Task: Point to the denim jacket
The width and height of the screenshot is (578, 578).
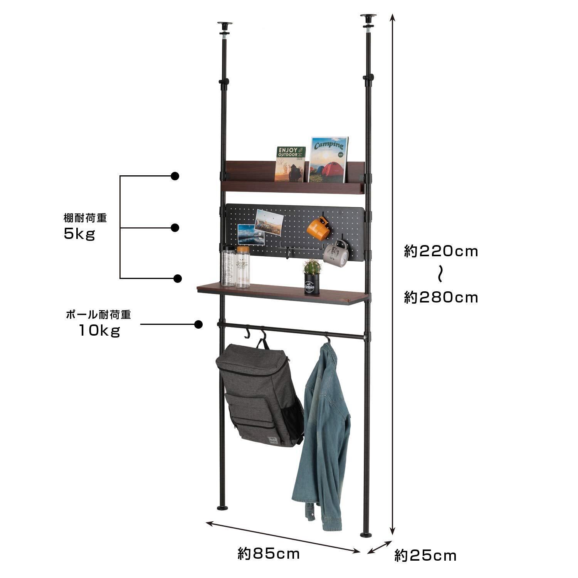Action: [323, 432]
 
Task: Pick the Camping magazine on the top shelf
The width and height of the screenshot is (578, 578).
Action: [328, 160]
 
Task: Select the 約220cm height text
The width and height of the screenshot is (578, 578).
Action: [441, 252]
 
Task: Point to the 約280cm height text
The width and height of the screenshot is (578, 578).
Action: [441, 297]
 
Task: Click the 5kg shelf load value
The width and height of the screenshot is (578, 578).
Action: [79, 234]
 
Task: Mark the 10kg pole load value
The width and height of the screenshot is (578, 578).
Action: [99, 330]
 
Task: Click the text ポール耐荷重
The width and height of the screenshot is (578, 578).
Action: [99, 315]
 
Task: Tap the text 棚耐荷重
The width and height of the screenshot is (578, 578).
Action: [85, 218]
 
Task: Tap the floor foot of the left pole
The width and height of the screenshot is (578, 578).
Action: [223, 508]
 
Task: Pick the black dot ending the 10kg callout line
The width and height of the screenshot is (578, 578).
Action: [198, 324]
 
